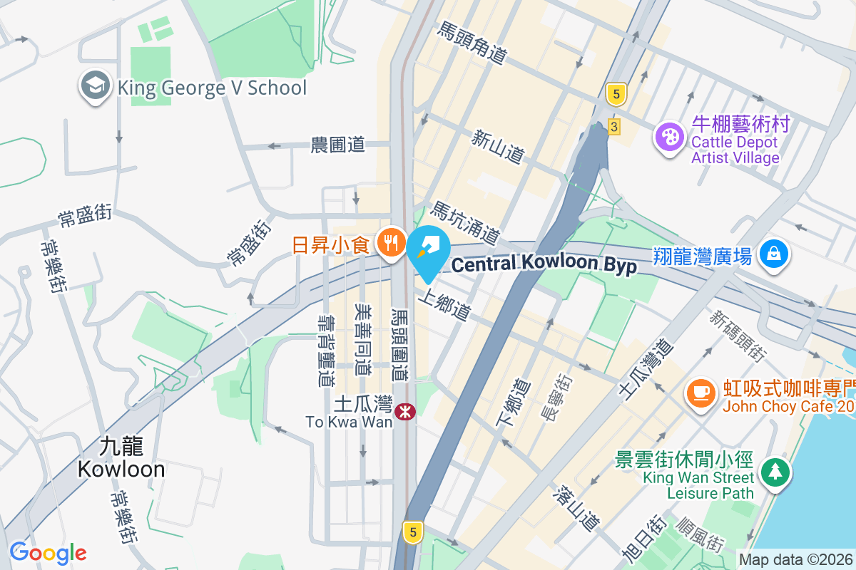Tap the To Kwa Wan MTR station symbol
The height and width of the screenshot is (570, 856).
point(405,411)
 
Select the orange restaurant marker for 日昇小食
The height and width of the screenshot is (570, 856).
point(389,244)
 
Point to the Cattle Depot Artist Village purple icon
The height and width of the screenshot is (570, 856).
point(670,135)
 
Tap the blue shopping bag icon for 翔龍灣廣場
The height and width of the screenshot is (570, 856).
point(773,254)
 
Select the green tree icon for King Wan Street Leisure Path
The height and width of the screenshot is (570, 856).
point(773,472)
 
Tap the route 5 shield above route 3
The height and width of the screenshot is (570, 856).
point(615,93)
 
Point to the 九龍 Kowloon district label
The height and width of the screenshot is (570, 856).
point(121,458)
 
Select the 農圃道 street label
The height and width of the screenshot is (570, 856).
point(338,145)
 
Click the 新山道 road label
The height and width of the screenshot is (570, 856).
point(498,146)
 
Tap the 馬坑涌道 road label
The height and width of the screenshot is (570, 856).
point(464,221)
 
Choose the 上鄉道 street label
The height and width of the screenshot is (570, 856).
point(447,304)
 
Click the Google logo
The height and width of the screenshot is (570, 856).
point(49,553)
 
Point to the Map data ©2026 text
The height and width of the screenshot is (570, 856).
point(796,559)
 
